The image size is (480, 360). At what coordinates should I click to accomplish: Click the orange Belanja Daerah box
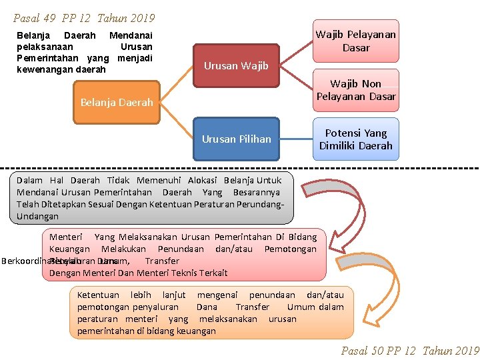coord(117,103)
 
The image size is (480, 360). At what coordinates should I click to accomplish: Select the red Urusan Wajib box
coord(236,65)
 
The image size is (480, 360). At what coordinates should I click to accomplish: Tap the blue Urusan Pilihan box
coord(236,139)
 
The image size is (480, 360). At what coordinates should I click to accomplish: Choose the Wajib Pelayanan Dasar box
coord(356,41)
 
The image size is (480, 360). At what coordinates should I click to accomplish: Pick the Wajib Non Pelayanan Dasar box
coord(356,90)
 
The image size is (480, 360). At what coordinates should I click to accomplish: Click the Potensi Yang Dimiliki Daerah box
coord(356,139)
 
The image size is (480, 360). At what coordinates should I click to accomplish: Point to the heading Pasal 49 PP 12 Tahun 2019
coord(84,18)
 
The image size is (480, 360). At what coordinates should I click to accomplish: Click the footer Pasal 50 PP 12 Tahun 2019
coord(410,351)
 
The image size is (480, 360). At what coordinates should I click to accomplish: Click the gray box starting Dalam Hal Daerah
coord(151,198)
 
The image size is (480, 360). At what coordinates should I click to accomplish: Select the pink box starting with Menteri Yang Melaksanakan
coord(184,255)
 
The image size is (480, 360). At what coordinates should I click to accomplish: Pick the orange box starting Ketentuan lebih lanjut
coord(211,312)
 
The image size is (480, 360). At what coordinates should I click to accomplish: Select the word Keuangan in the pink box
coord(69,249)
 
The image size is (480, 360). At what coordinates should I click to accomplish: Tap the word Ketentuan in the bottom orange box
coord(98,295)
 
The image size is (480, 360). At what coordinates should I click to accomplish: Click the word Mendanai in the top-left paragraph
coord(131,35)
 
